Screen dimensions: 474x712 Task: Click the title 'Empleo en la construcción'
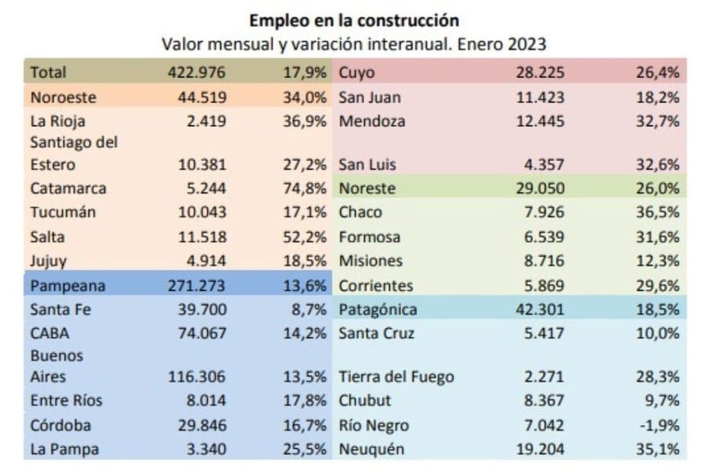click(354, 19)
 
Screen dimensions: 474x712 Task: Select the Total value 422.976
click(196, 73)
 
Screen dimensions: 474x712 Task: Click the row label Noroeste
click(63, 97)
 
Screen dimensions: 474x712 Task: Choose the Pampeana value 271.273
click(196, 287)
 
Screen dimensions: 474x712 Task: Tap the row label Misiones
click(371, 262)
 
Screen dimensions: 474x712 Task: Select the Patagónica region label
click(378, 310)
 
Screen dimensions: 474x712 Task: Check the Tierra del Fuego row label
click(396, 378)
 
